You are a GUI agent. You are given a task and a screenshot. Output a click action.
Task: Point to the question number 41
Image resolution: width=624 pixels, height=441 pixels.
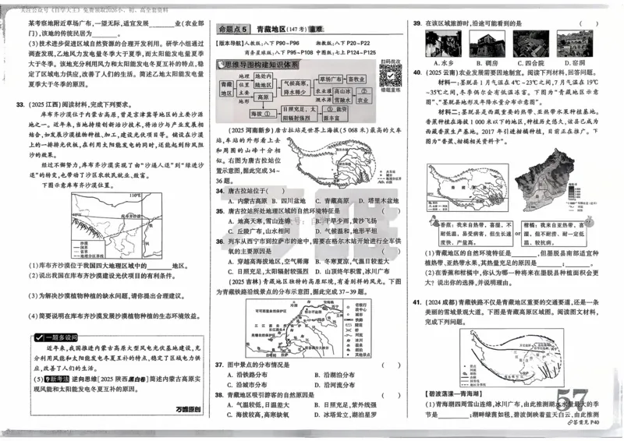[417, 302]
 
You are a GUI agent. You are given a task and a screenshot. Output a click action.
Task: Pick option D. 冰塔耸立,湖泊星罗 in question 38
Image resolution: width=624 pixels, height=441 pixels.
[343, 415]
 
